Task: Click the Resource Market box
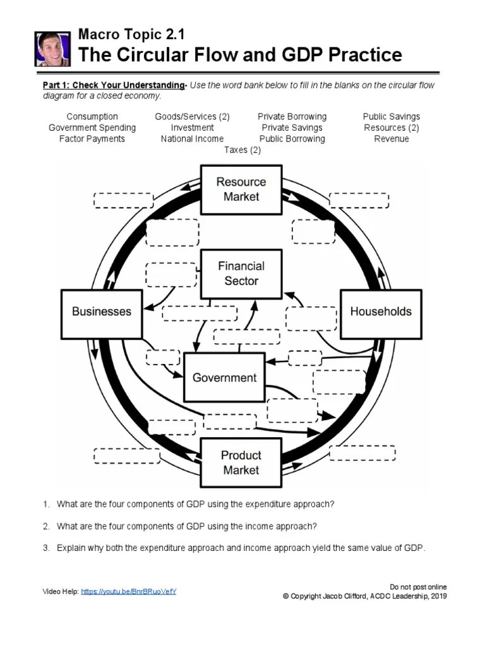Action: pyautogui.click(x=241, y=189)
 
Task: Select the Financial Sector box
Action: pyautogui.click(x=241, y=274)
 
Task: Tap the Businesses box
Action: pyautogui.click(x=102, y=311)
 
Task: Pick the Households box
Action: pyautogui.click(x=381, y=311)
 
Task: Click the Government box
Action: pyautogui.click(x=224, y=378)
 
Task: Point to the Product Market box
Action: pyautogui.click(x=241, y=463)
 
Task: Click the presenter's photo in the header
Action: pyautogui.click(x=52, y=49)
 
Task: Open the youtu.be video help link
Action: pyautogui.click(x=129, y=591)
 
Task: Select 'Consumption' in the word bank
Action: pyautogui.click(x=92, y=116)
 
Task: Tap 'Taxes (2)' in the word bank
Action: pyautogui.click(x=242, y=150)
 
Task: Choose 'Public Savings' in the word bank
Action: pyautogui.click(x=392, y=116)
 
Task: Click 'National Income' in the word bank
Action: pyautogui.click(x=192, y=138)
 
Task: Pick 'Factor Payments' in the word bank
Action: pyautogui.click(x=92, y=138)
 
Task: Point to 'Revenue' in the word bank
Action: pyautogui.click(x=392, y=138)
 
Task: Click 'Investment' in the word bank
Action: pyautogui.click(x=192, y=128)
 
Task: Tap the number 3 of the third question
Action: pyautogui.click(x=46, y=548)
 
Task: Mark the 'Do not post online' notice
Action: pyautogui.click(x=419, y=587)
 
